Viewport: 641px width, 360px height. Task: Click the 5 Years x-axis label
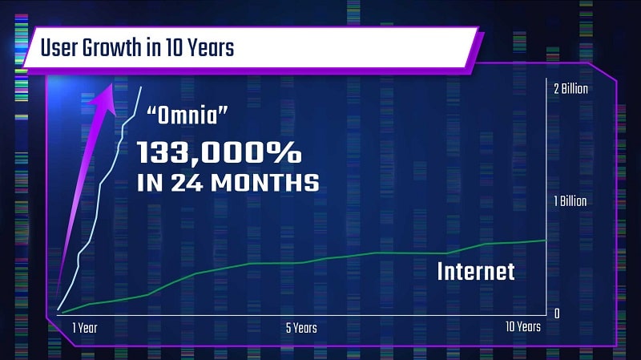300,327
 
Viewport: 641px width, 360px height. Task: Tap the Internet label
475,271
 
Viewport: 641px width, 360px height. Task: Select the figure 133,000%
218,152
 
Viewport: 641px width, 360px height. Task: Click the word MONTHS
264,184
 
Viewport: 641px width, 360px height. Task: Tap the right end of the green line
546,240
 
